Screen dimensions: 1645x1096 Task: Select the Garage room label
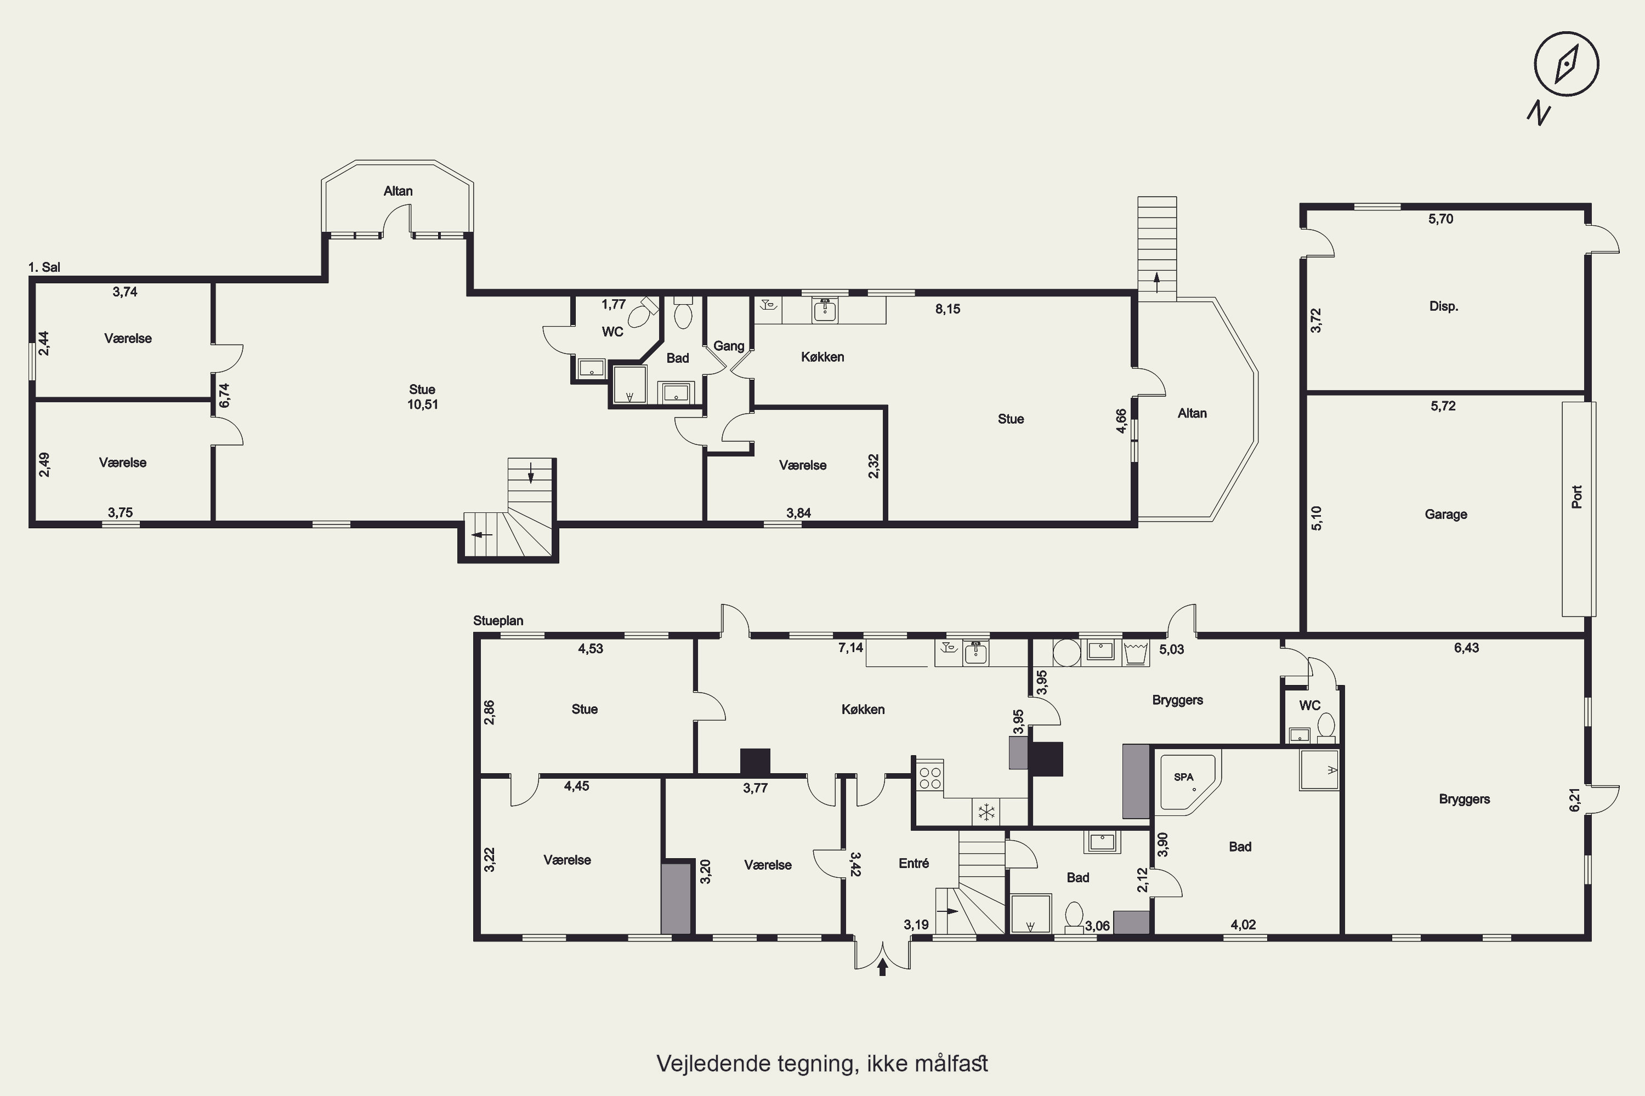(1445, 515)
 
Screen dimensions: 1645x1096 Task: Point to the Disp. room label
(1444, 306)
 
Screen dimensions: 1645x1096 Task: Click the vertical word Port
(1576, 497)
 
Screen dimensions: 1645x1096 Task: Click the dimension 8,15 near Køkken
(948, 309)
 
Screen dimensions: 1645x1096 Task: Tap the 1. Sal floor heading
(44, 267)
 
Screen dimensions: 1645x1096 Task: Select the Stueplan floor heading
(498, 621)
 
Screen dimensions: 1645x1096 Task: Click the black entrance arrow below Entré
(883, 967)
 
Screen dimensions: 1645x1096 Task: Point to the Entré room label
(914, 863)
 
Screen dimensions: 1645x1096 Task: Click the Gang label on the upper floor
(728, 346)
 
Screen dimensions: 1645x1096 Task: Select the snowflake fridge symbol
(986, 812)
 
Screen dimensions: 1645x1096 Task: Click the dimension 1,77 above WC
(614, 305)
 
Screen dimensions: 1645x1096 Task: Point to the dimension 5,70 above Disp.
(1441, 219)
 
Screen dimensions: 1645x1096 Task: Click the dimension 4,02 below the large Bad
(1243, 925)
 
